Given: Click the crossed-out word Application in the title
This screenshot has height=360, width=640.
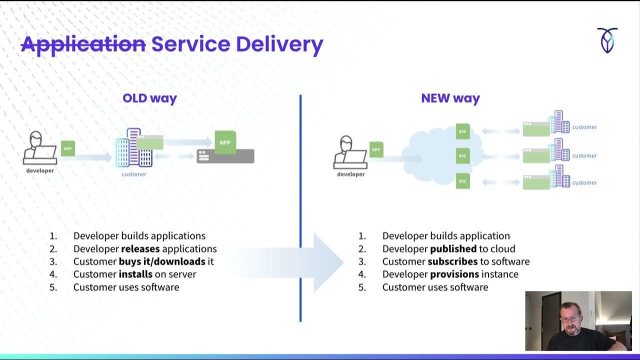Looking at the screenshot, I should pyautogui.click(x=83, y=44).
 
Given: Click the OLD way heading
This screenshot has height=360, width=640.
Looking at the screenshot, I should pyautogui.click(x=149, y=98).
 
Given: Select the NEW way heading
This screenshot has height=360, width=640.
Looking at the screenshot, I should pyautogui.click(x=450, y=98).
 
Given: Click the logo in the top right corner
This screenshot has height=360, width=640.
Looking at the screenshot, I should pyautogui.click(x=607, y=40).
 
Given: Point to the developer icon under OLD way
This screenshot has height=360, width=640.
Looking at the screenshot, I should pyautogui.click(x=40, y=148).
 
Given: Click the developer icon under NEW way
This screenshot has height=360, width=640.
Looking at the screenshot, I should pyautogui.click(x=350, y=152).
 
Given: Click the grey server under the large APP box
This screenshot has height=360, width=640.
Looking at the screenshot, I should pyautogui.click(x=225, y=156).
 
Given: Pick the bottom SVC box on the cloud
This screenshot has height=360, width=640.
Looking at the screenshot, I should pyautogui.click(x=462, y=180).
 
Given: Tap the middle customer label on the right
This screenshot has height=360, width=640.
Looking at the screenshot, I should pyautogui.click(x=584, y=155).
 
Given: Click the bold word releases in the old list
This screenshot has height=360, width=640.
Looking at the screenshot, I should pyautogui.click(x=140, y=248).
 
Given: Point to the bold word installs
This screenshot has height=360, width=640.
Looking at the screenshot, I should pyautogui.click(x=135, y=274).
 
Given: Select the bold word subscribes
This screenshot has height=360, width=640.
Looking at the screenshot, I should pyautogui.click(x=452, y=261).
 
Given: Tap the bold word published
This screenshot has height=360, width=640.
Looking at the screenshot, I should pyautogui.click(x=453, y=248).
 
